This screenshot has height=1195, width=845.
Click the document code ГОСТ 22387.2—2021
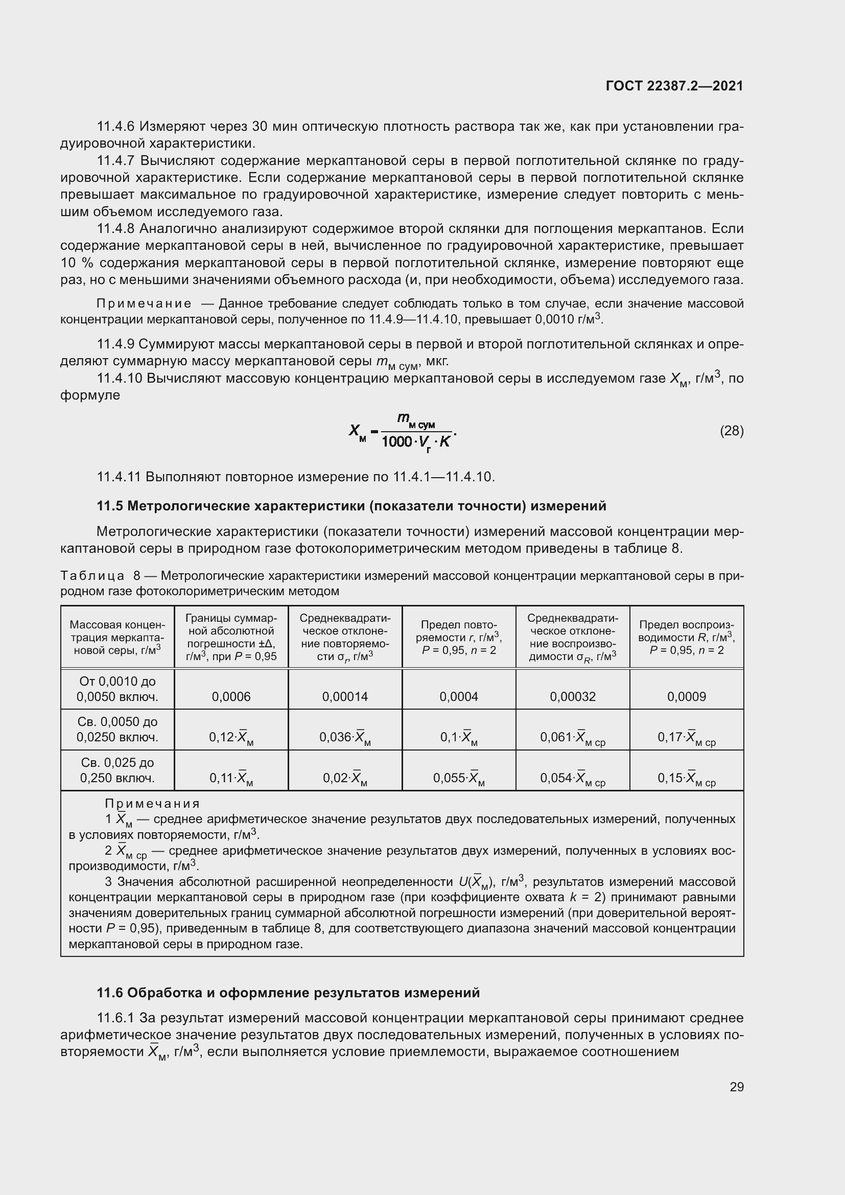pos(674,86)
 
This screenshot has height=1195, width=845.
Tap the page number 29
pos(736,1087)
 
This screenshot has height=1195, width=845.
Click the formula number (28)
pos(732,431)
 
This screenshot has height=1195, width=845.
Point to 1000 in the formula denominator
pos(396,442)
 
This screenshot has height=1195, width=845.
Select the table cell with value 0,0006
pos(231,696)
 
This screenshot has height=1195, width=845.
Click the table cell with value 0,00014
pos(345,696)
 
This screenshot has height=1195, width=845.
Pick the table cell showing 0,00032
pos(572,696)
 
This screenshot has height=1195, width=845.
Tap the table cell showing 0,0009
pos(686,696)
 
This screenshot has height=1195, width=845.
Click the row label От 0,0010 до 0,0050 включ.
pos(118,689)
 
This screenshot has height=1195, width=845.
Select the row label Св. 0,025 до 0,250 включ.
pos(118,770)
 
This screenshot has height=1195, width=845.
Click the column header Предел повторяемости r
pos(459,637)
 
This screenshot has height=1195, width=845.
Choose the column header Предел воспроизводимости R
pos(686,637)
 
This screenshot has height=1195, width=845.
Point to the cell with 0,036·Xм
pos(345,738)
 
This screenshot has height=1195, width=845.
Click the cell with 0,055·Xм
pos(459,778)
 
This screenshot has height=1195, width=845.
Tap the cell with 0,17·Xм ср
pos(686,738)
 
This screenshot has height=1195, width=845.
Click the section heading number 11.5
pos(110,506)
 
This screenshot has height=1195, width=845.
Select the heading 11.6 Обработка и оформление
pos(288,993)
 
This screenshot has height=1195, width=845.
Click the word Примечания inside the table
pos(152,804)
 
